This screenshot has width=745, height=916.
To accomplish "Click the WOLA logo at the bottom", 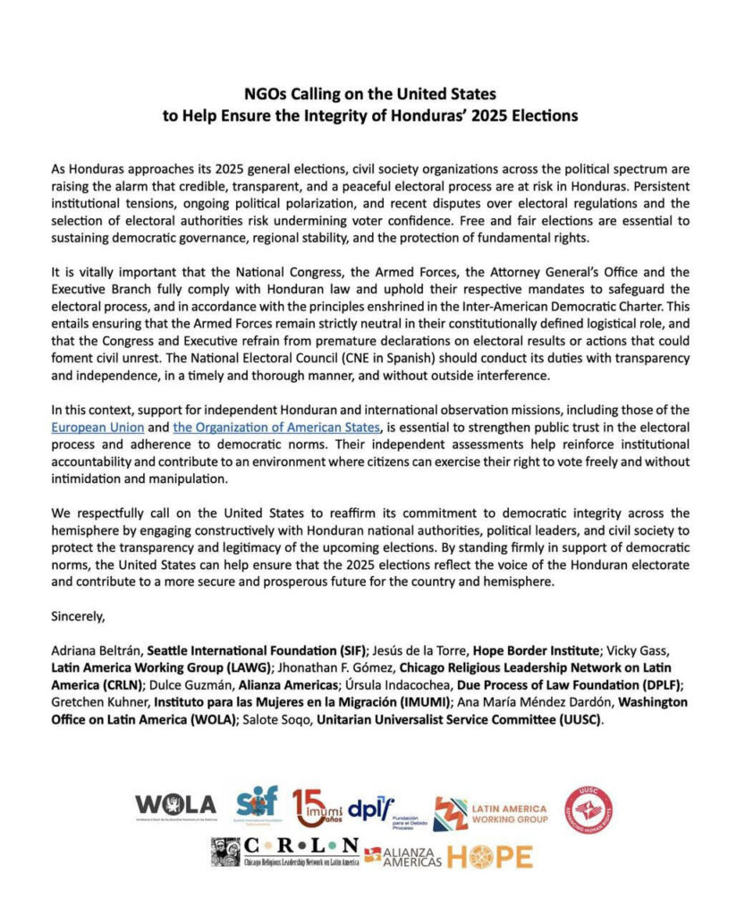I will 175,805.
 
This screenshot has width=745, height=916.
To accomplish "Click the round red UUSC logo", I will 588,808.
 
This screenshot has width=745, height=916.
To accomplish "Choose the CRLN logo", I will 285,852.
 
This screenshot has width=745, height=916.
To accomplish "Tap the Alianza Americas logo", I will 403,856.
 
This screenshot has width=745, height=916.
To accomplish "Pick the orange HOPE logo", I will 489,856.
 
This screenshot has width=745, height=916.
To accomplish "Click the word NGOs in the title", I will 266,93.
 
